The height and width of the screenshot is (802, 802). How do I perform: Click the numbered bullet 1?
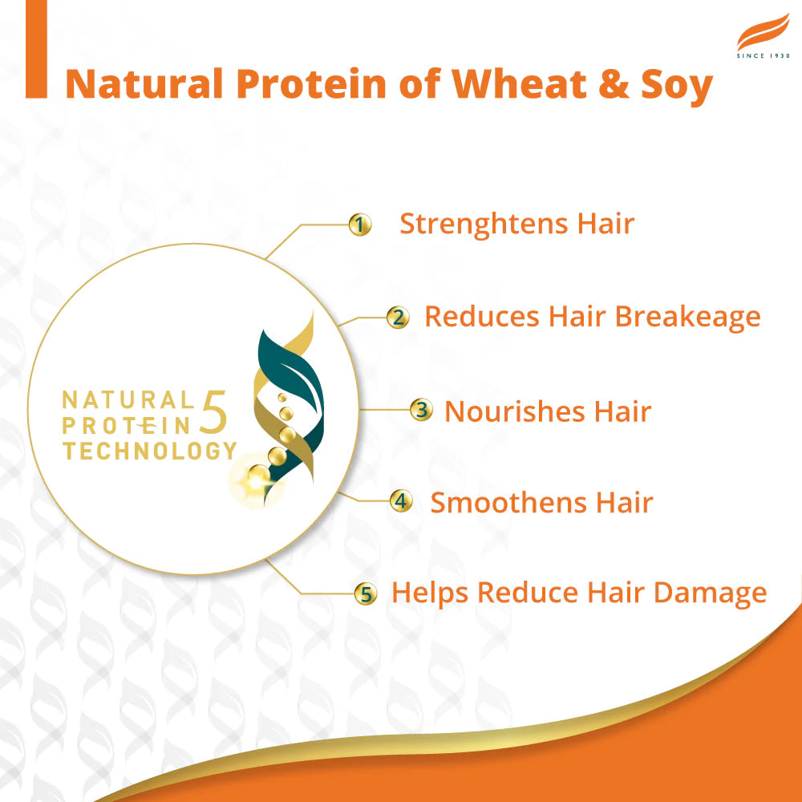(x=361, y=225)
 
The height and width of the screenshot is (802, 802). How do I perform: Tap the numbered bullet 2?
(x=397, y=318)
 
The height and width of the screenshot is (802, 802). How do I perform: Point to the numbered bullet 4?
(x=401, y=502)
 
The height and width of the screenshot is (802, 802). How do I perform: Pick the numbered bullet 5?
(x=366, y=594)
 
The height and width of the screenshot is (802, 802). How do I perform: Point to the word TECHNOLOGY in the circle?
(x=150, y=451)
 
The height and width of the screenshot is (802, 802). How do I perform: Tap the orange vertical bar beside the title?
(x=36, y=50)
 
